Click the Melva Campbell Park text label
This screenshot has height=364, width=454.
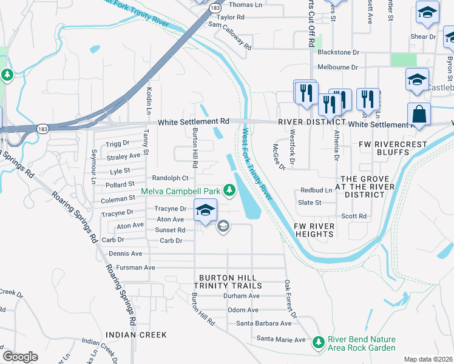pos(180,191)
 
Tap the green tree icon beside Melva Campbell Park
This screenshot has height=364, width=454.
pos(229,191)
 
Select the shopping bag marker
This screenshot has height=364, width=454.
pos(419,114)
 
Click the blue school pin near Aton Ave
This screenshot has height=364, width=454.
pos(205,211)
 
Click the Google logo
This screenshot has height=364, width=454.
pos(20,357)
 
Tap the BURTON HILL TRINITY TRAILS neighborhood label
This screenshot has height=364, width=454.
pos(228,281)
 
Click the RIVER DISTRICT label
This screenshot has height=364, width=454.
pos(307,122)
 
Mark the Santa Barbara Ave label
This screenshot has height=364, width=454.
pos(263,324)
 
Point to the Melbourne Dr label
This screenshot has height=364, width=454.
pos(337,67)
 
